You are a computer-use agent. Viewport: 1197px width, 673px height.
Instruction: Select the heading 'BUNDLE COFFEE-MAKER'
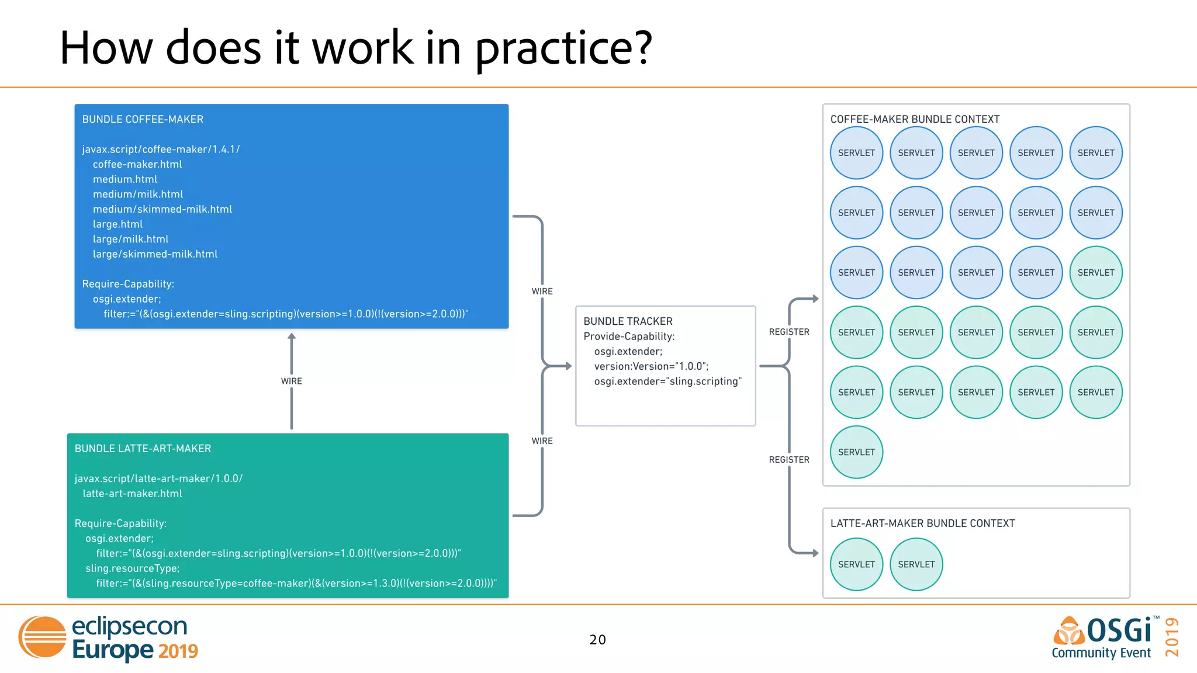pos(143,119)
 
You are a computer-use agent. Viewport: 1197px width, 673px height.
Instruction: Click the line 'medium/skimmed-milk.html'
pos(162,209)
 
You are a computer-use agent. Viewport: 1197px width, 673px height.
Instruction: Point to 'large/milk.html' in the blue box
pos(130,239)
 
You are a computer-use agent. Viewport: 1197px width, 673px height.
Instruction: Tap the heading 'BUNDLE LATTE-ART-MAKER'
pos(143,449)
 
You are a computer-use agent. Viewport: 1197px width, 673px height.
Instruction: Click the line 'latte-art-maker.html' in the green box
pos(132,494)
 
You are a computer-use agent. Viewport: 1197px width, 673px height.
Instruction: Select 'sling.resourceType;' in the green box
pos(132,568)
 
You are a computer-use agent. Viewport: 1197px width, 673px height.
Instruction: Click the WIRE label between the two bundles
pos(291,381)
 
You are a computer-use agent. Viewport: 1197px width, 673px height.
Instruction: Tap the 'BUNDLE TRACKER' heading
pos(628,321)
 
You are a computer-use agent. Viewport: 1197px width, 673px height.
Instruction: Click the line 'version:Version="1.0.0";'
pos(651,366)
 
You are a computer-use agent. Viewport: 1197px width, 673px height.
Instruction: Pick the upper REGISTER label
pos(789,332)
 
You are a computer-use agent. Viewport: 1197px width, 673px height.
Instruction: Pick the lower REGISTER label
pos(789,460)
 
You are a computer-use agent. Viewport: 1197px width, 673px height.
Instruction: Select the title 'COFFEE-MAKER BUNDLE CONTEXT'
pos(915,119)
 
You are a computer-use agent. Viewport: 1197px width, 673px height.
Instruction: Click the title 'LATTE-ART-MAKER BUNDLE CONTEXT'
pos(922,523)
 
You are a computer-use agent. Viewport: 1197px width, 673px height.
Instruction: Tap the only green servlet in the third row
pos(1096,272)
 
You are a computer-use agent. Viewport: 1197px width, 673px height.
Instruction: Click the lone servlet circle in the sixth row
pos(856,452)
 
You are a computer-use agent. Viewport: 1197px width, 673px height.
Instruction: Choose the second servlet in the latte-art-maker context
pos(916,564)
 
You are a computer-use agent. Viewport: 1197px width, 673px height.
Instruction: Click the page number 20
pos(597,640)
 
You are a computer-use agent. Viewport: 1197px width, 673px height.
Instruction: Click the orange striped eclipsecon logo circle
pos(43,637)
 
